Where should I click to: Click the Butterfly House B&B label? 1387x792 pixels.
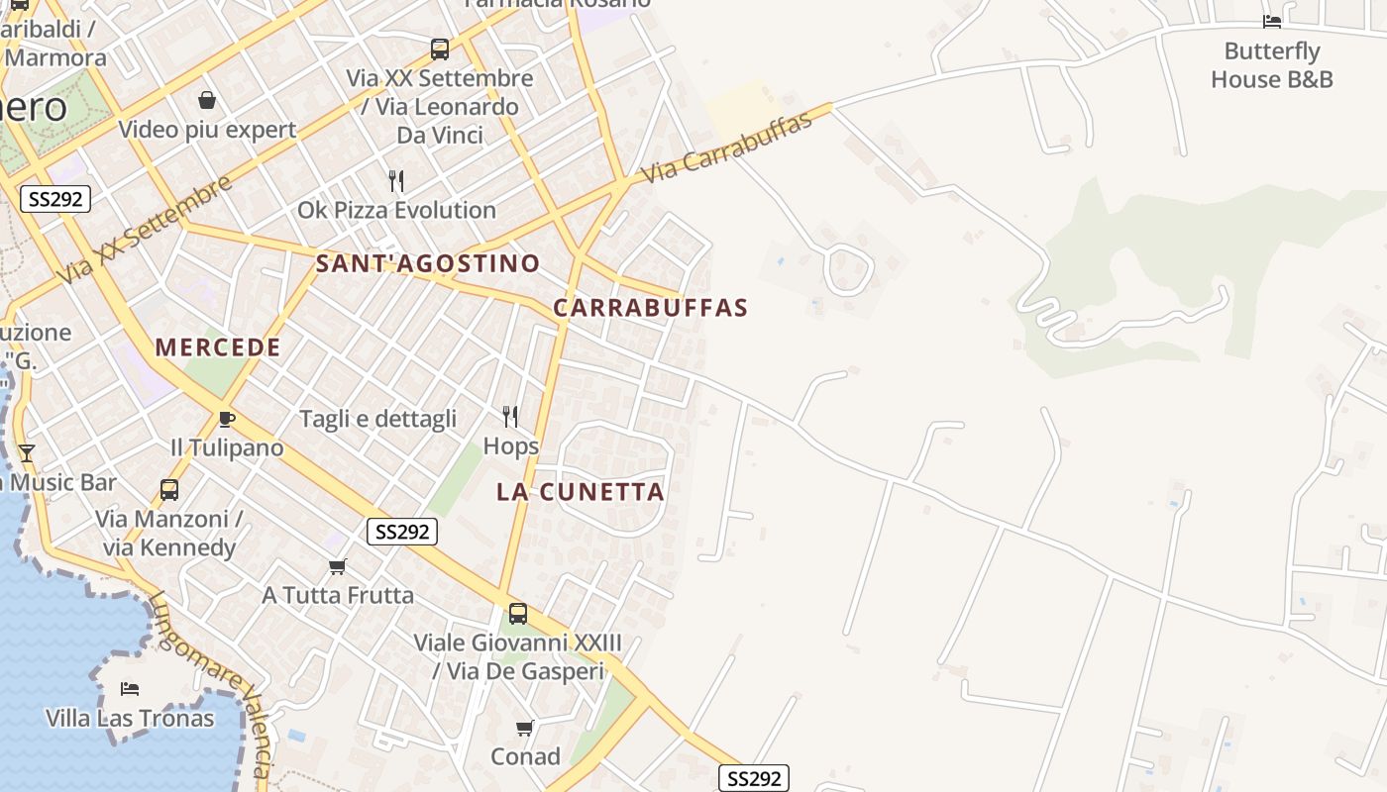coord(1272,65)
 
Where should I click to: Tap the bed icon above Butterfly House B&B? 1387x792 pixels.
coord(1272,21)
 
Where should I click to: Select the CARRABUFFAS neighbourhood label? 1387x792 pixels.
coord(650,308)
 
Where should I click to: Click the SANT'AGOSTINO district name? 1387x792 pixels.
coord(427,263)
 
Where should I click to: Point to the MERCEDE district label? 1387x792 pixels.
coord(218,347)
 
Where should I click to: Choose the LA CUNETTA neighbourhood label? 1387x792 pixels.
coord(581,492)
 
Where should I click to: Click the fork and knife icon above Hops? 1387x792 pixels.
coord(510,416)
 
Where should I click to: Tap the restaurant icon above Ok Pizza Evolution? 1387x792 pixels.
coord(396,180)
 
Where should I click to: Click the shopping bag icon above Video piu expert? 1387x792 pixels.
coord(207,100)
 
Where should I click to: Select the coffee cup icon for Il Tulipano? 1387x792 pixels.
coord(227,419)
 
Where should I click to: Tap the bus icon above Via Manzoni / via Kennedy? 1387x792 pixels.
coord(169,489)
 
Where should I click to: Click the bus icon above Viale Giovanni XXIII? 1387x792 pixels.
coord(518,613)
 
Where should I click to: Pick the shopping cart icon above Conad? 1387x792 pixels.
coord(525,728)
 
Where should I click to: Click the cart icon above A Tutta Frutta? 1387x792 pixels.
coord(338,566)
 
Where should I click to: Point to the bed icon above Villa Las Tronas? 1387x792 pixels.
coord(130,689)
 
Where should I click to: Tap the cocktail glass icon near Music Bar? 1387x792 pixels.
coord(27,453)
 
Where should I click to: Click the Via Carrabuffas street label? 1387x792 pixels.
coord(726,147)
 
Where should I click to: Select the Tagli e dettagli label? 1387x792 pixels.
coord(377,419)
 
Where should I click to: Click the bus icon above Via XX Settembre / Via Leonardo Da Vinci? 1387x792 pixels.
coord(440,49)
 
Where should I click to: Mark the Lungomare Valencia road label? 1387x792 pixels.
coord(209,683)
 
